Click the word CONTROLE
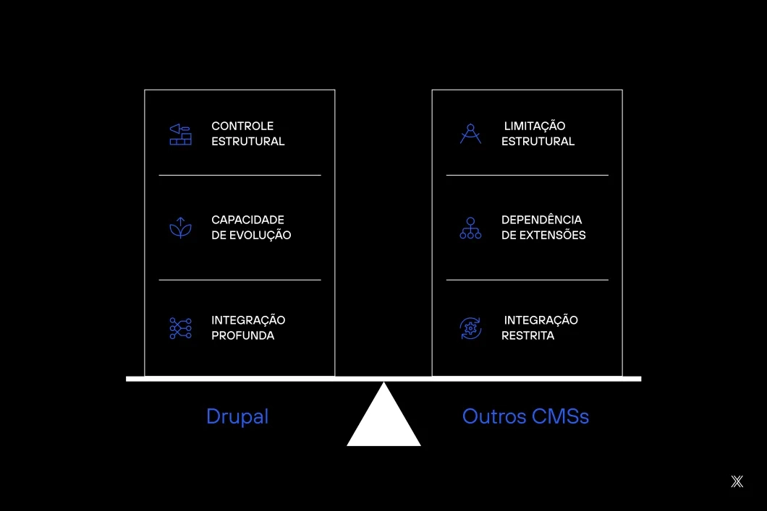242,126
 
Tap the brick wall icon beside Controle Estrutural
180,134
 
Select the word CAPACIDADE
247,220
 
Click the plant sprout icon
180,228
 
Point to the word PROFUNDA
242,335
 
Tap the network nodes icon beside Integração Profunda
180,328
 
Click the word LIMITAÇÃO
535,126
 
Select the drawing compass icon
470,134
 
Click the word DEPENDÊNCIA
541,220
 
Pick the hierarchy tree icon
470,228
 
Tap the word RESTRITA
527,335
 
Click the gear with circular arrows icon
470,328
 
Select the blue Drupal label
237,416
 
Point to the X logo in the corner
737,481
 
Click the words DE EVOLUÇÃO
251,235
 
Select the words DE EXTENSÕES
543,235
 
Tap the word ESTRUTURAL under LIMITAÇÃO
538,142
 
